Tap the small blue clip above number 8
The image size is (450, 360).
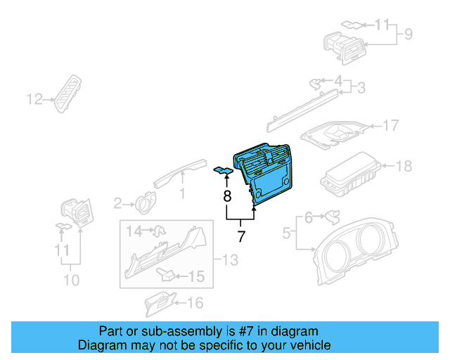(x=224, y=171)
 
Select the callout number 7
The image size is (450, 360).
(x=241, y=236)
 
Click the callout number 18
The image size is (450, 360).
(x=404, y=167)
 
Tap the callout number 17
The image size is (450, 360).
(x=390, y=126)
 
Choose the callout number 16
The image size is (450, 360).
(x=195, y=303)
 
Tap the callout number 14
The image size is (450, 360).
(x=134, y=230)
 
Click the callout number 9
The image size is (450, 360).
(x=407, y=32)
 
